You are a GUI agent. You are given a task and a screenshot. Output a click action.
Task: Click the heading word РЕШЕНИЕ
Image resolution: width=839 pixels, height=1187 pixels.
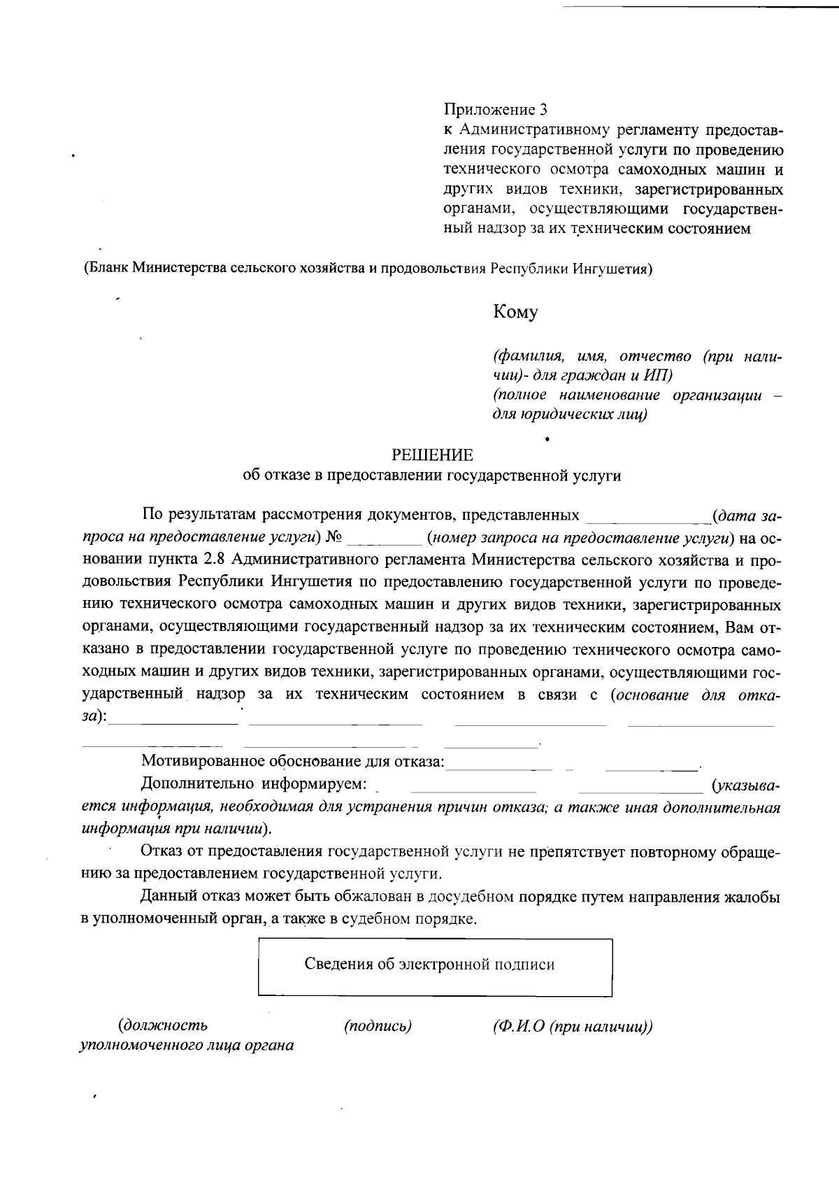click(x=432, y=455)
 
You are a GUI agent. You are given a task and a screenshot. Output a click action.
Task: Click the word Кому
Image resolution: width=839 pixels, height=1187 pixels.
click(x=516, y=312)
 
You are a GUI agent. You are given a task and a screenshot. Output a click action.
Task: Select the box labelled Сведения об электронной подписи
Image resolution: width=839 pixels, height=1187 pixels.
click(x=435, y=967)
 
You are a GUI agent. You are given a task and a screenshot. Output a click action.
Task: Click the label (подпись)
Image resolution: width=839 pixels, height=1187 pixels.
click(x=378, y=1026)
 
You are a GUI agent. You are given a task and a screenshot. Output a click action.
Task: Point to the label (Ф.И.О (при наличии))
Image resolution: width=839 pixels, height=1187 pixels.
click(x=573, y=1026)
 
